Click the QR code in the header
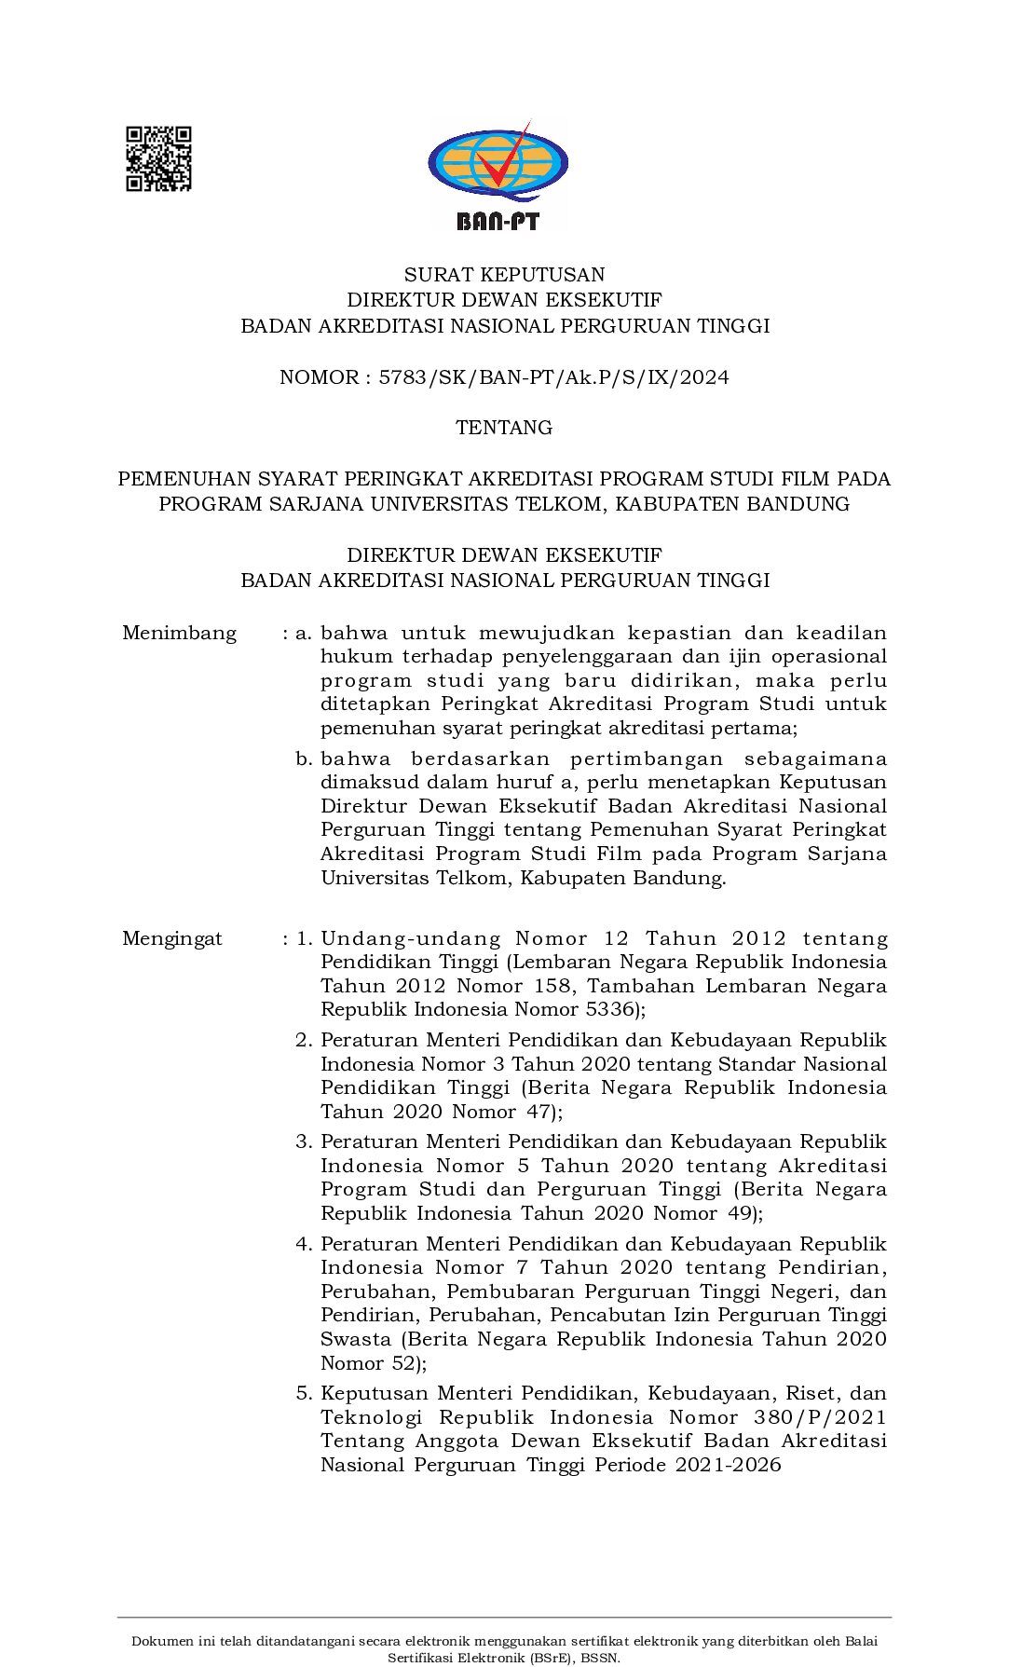158,158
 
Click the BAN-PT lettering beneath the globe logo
498,221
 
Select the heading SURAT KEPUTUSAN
504,274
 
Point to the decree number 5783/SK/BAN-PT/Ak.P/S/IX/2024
553,377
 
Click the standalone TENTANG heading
504,428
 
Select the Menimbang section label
179,634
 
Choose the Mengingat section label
172,938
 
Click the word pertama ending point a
759,728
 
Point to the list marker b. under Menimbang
303,758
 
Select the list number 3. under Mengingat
303,1141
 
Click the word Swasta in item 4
355,1339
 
